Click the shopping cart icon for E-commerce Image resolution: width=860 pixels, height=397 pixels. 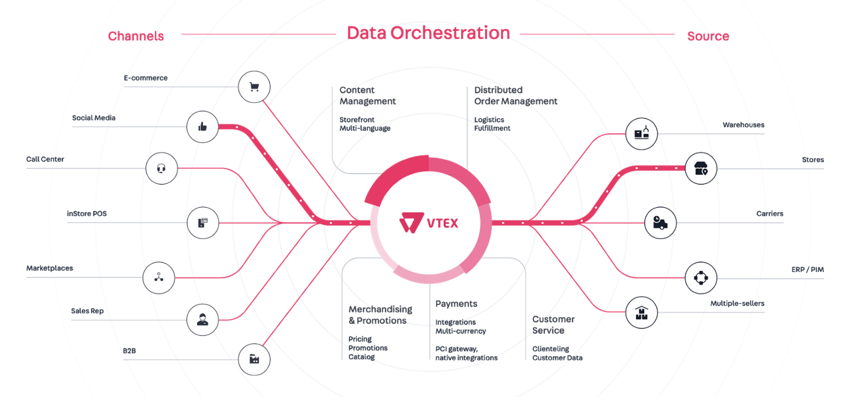pos(254,87)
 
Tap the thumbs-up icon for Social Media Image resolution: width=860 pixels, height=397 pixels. pos(202,126)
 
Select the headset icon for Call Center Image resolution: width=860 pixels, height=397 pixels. pos(161,168)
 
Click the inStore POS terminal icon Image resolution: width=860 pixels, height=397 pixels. pos(203,223)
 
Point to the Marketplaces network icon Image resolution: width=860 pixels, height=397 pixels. pos(159,278)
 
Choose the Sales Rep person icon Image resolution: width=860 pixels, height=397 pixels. pos(202,320)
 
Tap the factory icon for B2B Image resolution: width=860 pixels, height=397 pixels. pos(254,359)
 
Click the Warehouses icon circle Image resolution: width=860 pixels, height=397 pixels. pos(641,134)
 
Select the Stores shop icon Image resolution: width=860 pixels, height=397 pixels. pos(701,168)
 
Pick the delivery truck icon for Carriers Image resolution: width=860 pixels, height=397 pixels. pos(660,223)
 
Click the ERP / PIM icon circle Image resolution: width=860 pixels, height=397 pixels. pos(701,278)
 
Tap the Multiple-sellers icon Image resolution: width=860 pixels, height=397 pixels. pos(641,312)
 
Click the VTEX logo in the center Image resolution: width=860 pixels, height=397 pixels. pos(428,223)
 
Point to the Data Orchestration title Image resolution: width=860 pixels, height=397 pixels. pos(428,33)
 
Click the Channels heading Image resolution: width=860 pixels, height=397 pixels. pos(136,36)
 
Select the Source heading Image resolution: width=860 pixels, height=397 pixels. pos(708,36)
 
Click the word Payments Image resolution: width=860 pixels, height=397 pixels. pos(456,304)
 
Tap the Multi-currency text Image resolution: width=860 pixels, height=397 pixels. pos(460,331)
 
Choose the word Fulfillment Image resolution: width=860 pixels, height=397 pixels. pos(492,128)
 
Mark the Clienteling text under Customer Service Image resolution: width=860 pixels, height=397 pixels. pos(551,349)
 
